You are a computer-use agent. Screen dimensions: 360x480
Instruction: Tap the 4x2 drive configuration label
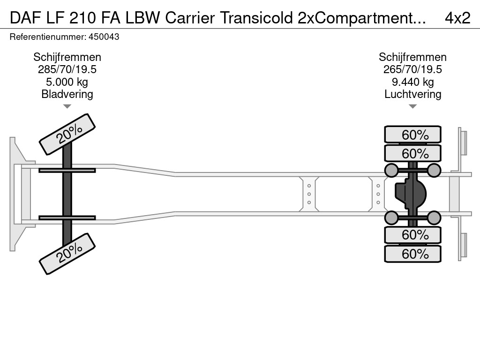tap(457, 18)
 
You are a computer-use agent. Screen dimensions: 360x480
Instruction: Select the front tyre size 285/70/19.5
tap(67, 70)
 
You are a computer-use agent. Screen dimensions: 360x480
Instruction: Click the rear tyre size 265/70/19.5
tap(412, 70)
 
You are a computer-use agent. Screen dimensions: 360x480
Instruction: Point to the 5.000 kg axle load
tap(67, 82)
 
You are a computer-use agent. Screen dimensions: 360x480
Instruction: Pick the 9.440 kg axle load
tap(412, 82)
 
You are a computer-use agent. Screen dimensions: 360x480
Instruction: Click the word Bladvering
tap(67, 94)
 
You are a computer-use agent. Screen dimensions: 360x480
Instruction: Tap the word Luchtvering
tap(412, 94)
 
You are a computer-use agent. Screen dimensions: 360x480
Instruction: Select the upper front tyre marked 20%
tap(67, 134)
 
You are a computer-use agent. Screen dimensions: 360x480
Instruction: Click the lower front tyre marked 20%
tap(67, 254)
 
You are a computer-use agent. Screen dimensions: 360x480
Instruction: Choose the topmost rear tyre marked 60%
tap(412, 135)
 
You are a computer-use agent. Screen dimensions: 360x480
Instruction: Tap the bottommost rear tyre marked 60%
tap(412, 254)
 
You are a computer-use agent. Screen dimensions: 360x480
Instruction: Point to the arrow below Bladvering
tap(67, 106)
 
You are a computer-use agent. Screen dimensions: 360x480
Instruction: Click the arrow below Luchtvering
tap(412, 106)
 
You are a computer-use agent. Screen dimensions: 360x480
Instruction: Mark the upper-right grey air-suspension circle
tap(434, 170)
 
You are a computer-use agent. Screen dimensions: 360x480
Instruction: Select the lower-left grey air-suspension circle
tap(391, 217)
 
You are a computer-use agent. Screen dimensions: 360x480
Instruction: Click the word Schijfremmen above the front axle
tap(67, 57)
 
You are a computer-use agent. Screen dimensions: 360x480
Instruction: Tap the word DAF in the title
tap(23, 18)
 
